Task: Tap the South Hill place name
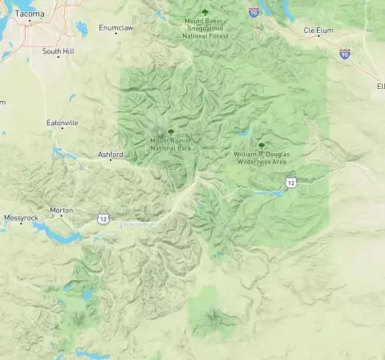coord(58,51)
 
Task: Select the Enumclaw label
coord(113,27)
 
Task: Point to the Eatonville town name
coord(63,123)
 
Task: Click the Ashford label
coord(111,154)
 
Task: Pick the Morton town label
coord(62,210)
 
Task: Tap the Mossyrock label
coord(21,218)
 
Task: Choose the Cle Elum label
coord(318,30)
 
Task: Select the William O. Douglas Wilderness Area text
coord(260,156)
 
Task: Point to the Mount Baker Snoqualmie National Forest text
coord(205,30)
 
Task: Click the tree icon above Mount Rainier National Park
coord(170,131)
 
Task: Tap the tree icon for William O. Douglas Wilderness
coord(261,144)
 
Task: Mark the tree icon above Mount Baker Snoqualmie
coord(205,12)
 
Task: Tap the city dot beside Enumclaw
coord(115,34)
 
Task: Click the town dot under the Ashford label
coord(111,160)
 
